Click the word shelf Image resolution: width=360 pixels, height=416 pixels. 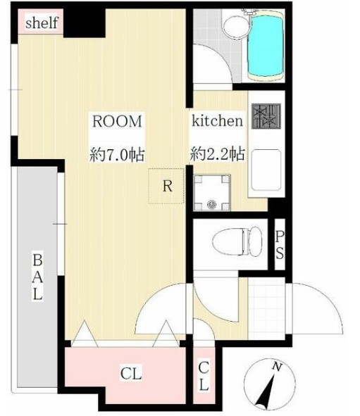click(42, 23)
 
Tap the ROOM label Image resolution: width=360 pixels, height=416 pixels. click(117, 120)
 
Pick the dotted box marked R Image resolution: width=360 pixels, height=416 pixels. click(166, 187)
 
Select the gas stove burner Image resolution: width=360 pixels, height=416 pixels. click(266, 117)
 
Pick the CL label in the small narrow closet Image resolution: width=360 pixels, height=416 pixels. click(203, 376)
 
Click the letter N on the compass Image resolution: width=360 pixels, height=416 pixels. click(278, 367)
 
